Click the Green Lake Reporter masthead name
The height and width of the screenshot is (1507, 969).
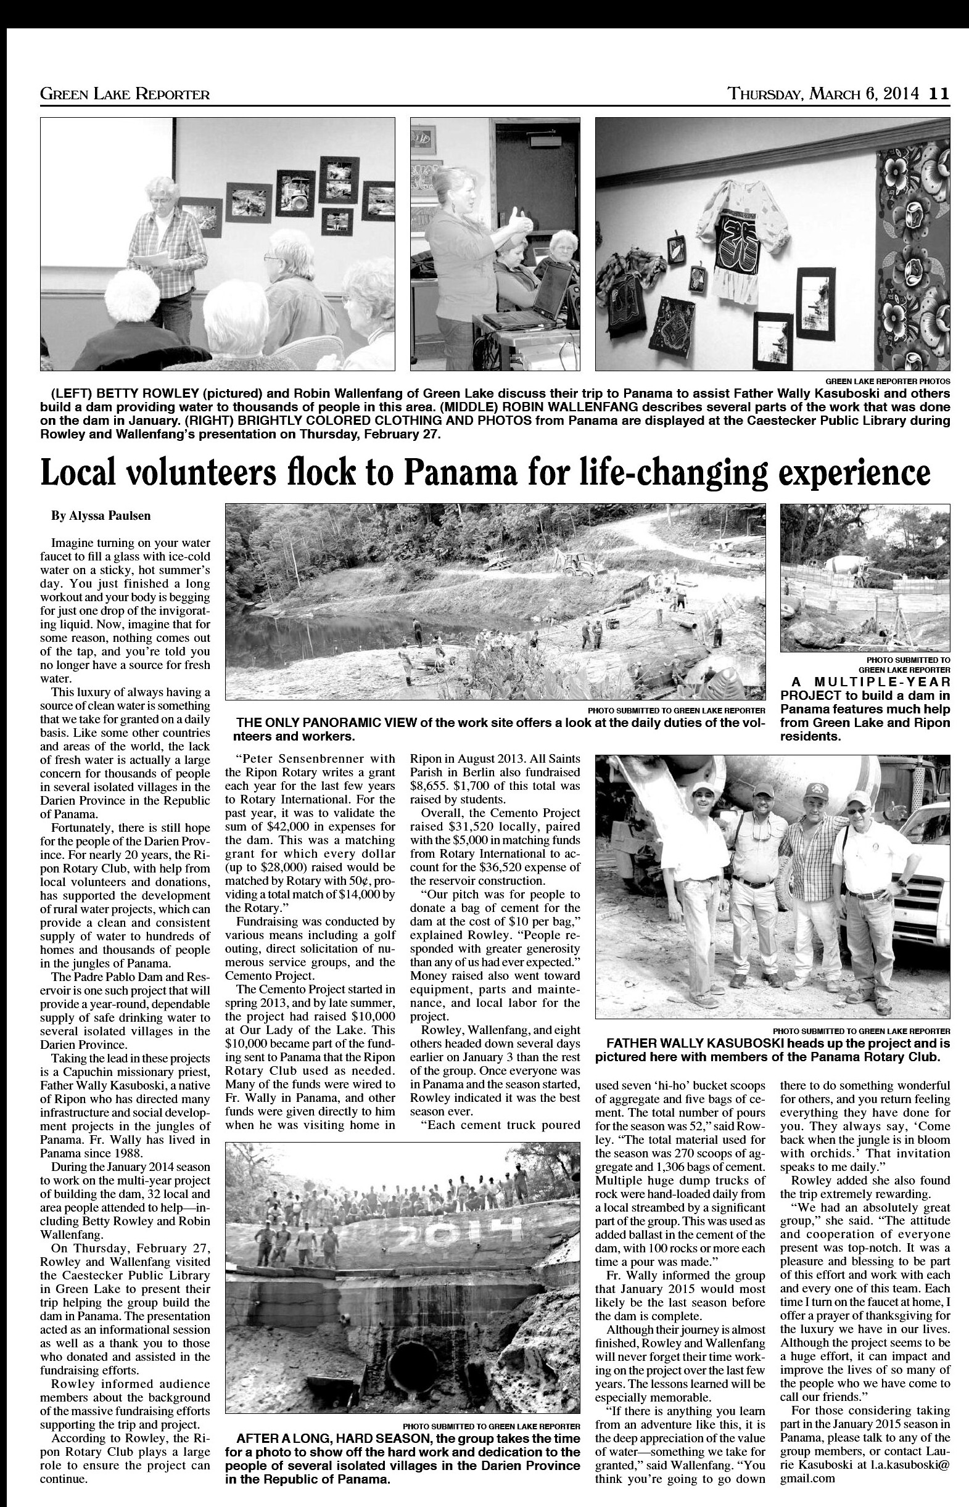click(x=125, y=94)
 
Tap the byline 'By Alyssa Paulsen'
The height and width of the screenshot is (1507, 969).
click(x=101, y=516)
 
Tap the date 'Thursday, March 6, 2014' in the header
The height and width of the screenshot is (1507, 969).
click(x=825, y=94)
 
